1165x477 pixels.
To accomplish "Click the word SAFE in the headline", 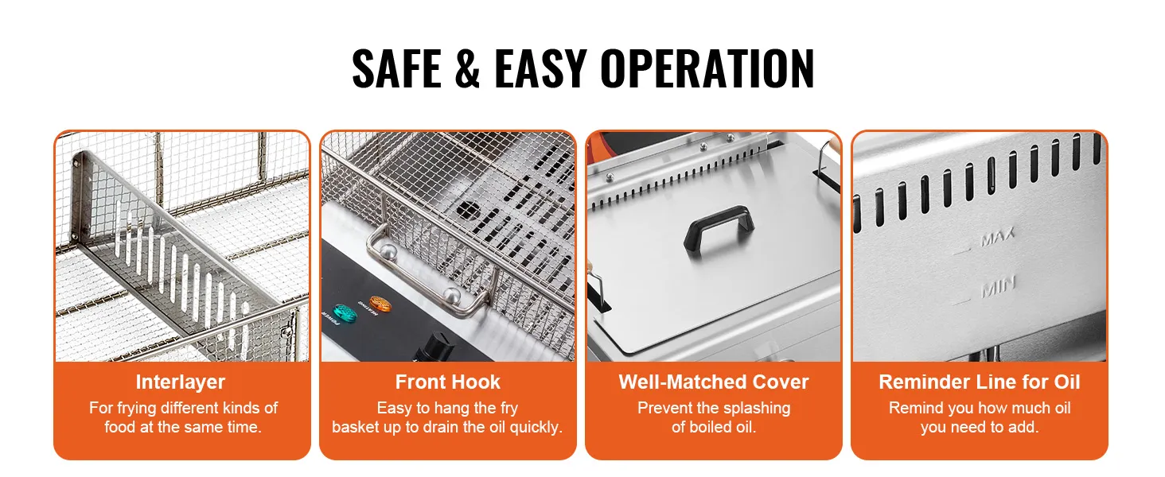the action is point(397,68).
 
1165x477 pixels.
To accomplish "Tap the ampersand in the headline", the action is point(467,68).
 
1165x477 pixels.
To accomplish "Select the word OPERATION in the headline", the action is point(707,68).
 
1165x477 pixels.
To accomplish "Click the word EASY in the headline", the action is point(541,68).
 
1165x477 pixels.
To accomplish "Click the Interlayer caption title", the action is point(181,382).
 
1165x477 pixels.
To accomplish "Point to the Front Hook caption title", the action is point(447,382).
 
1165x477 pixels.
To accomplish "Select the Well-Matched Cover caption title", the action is point(714,382).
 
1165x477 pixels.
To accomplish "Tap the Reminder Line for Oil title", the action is point(980,382).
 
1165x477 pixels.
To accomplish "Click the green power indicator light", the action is point(345,312).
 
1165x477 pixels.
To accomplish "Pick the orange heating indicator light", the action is point(380,304).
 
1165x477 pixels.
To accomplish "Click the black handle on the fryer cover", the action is point(719,230).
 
